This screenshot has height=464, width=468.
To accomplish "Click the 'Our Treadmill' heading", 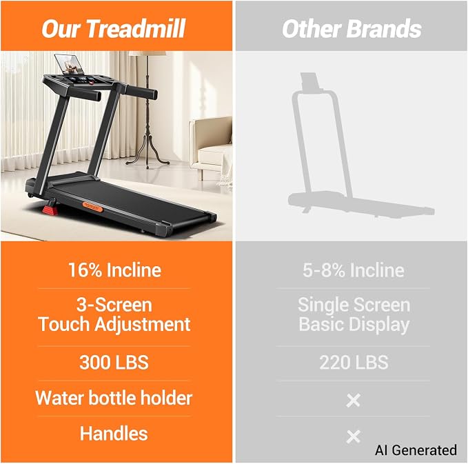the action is point(114,29).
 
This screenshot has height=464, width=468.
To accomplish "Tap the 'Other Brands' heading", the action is point(352,29).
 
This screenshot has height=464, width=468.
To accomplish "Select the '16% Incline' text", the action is point(114,270).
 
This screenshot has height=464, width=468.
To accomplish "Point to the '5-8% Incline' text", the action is point(354,270).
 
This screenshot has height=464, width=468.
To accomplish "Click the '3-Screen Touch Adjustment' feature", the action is point(114,314).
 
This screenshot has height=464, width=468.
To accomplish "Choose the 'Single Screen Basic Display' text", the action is point(354,314).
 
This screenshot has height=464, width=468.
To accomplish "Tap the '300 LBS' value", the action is point(114,362).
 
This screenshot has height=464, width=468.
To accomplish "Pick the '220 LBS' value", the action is point(354,362).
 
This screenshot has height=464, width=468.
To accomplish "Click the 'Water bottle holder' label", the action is point(114,398).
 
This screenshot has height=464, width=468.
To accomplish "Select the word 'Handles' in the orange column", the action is point(114,433).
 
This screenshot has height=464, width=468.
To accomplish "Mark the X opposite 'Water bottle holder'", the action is point(354,401).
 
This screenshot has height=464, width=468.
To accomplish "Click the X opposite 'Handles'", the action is point(354,436).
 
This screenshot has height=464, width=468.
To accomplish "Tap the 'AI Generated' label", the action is point(416,450).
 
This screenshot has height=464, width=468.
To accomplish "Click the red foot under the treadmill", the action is point(50,210).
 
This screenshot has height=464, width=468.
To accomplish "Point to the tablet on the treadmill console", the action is point(70,65).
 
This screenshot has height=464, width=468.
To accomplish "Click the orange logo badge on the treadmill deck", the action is point(93,207).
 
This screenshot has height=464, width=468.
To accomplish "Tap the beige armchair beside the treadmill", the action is point(210,146).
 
